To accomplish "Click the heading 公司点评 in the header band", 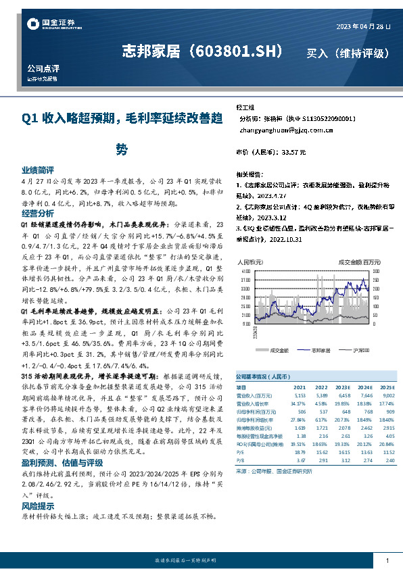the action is [43, 68].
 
